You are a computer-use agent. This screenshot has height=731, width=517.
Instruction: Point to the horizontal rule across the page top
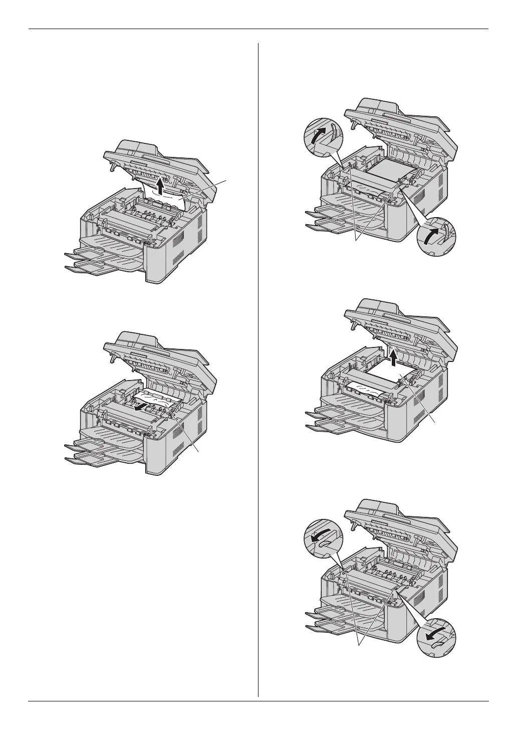258,29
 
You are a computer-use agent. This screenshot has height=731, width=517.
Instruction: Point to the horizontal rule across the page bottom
258,701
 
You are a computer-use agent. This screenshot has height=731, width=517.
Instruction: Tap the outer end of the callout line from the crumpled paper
227,180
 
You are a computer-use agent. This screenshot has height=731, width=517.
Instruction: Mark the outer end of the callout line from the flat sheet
434,422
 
